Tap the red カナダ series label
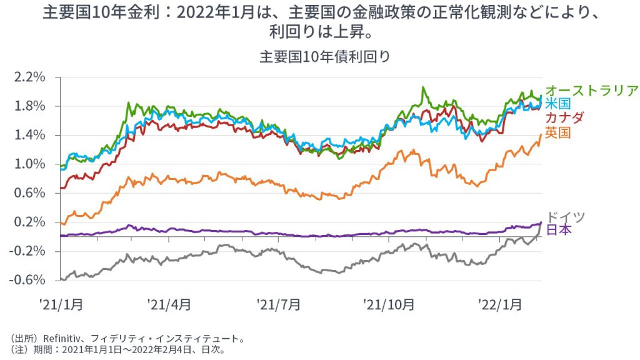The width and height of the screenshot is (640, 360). pyautogui.click(x=564, y=117)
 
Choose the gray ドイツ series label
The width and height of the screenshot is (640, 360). pyautogui.click(x=565, y=217)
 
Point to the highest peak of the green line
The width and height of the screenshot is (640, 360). pyautogui.click(x=423, y=87)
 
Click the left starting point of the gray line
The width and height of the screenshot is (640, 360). pyautogui.click(x=61, y=279)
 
